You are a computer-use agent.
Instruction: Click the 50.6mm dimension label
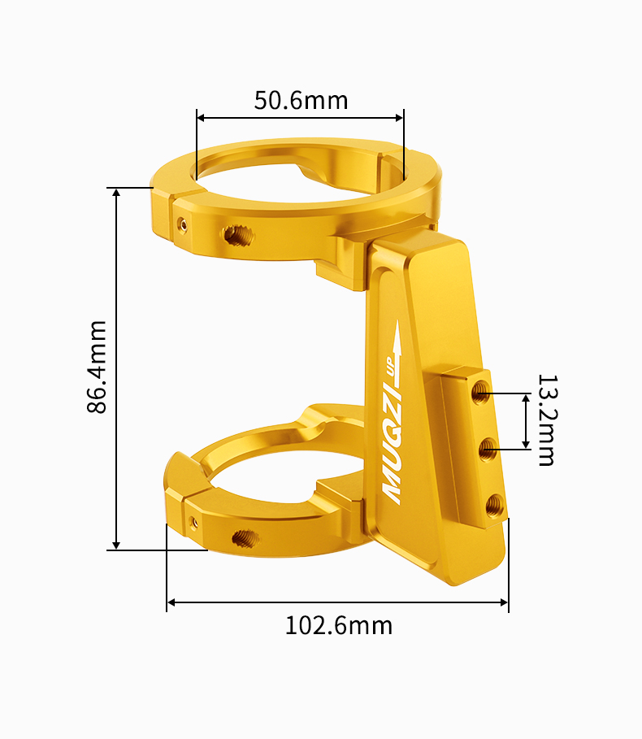tap(301, 100)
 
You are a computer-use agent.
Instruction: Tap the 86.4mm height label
tap(97, 367)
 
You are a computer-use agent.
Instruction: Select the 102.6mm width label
tap(338, 625)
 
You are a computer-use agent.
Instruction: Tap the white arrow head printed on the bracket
tap(397, 329)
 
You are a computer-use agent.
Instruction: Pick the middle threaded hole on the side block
tap(488, 448)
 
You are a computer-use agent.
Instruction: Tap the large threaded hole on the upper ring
tap(238, 236)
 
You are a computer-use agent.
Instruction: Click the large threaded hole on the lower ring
tap(243, 537)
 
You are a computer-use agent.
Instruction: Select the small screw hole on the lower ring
tap(193, 521)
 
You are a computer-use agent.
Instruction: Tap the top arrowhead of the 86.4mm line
tap(117, 193)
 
